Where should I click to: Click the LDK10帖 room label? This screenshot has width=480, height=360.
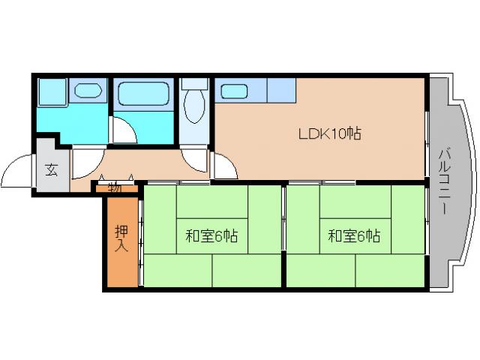tap(331, 135)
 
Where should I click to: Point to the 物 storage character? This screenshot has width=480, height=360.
tap(114, 187)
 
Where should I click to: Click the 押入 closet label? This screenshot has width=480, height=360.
tap(120, 238)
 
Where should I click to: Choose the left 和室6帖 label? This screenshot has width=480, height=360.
tap(211, 237)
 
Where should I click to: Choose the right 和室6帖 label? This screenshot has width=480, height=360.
tap(353, 237)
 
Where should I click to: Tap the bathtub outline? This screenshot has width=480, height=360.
tap(144, 95)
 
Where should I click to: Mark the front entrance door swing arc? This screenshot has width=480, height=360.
tap(16, 174)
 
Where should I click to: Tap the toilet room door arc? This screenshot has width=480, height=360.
tap(193, 157)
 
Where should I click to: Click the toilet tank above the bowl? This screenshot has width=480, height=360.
tap(194, 84)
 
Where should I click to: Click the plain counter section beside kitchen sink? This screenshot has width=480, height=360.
tap(281, 90)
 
